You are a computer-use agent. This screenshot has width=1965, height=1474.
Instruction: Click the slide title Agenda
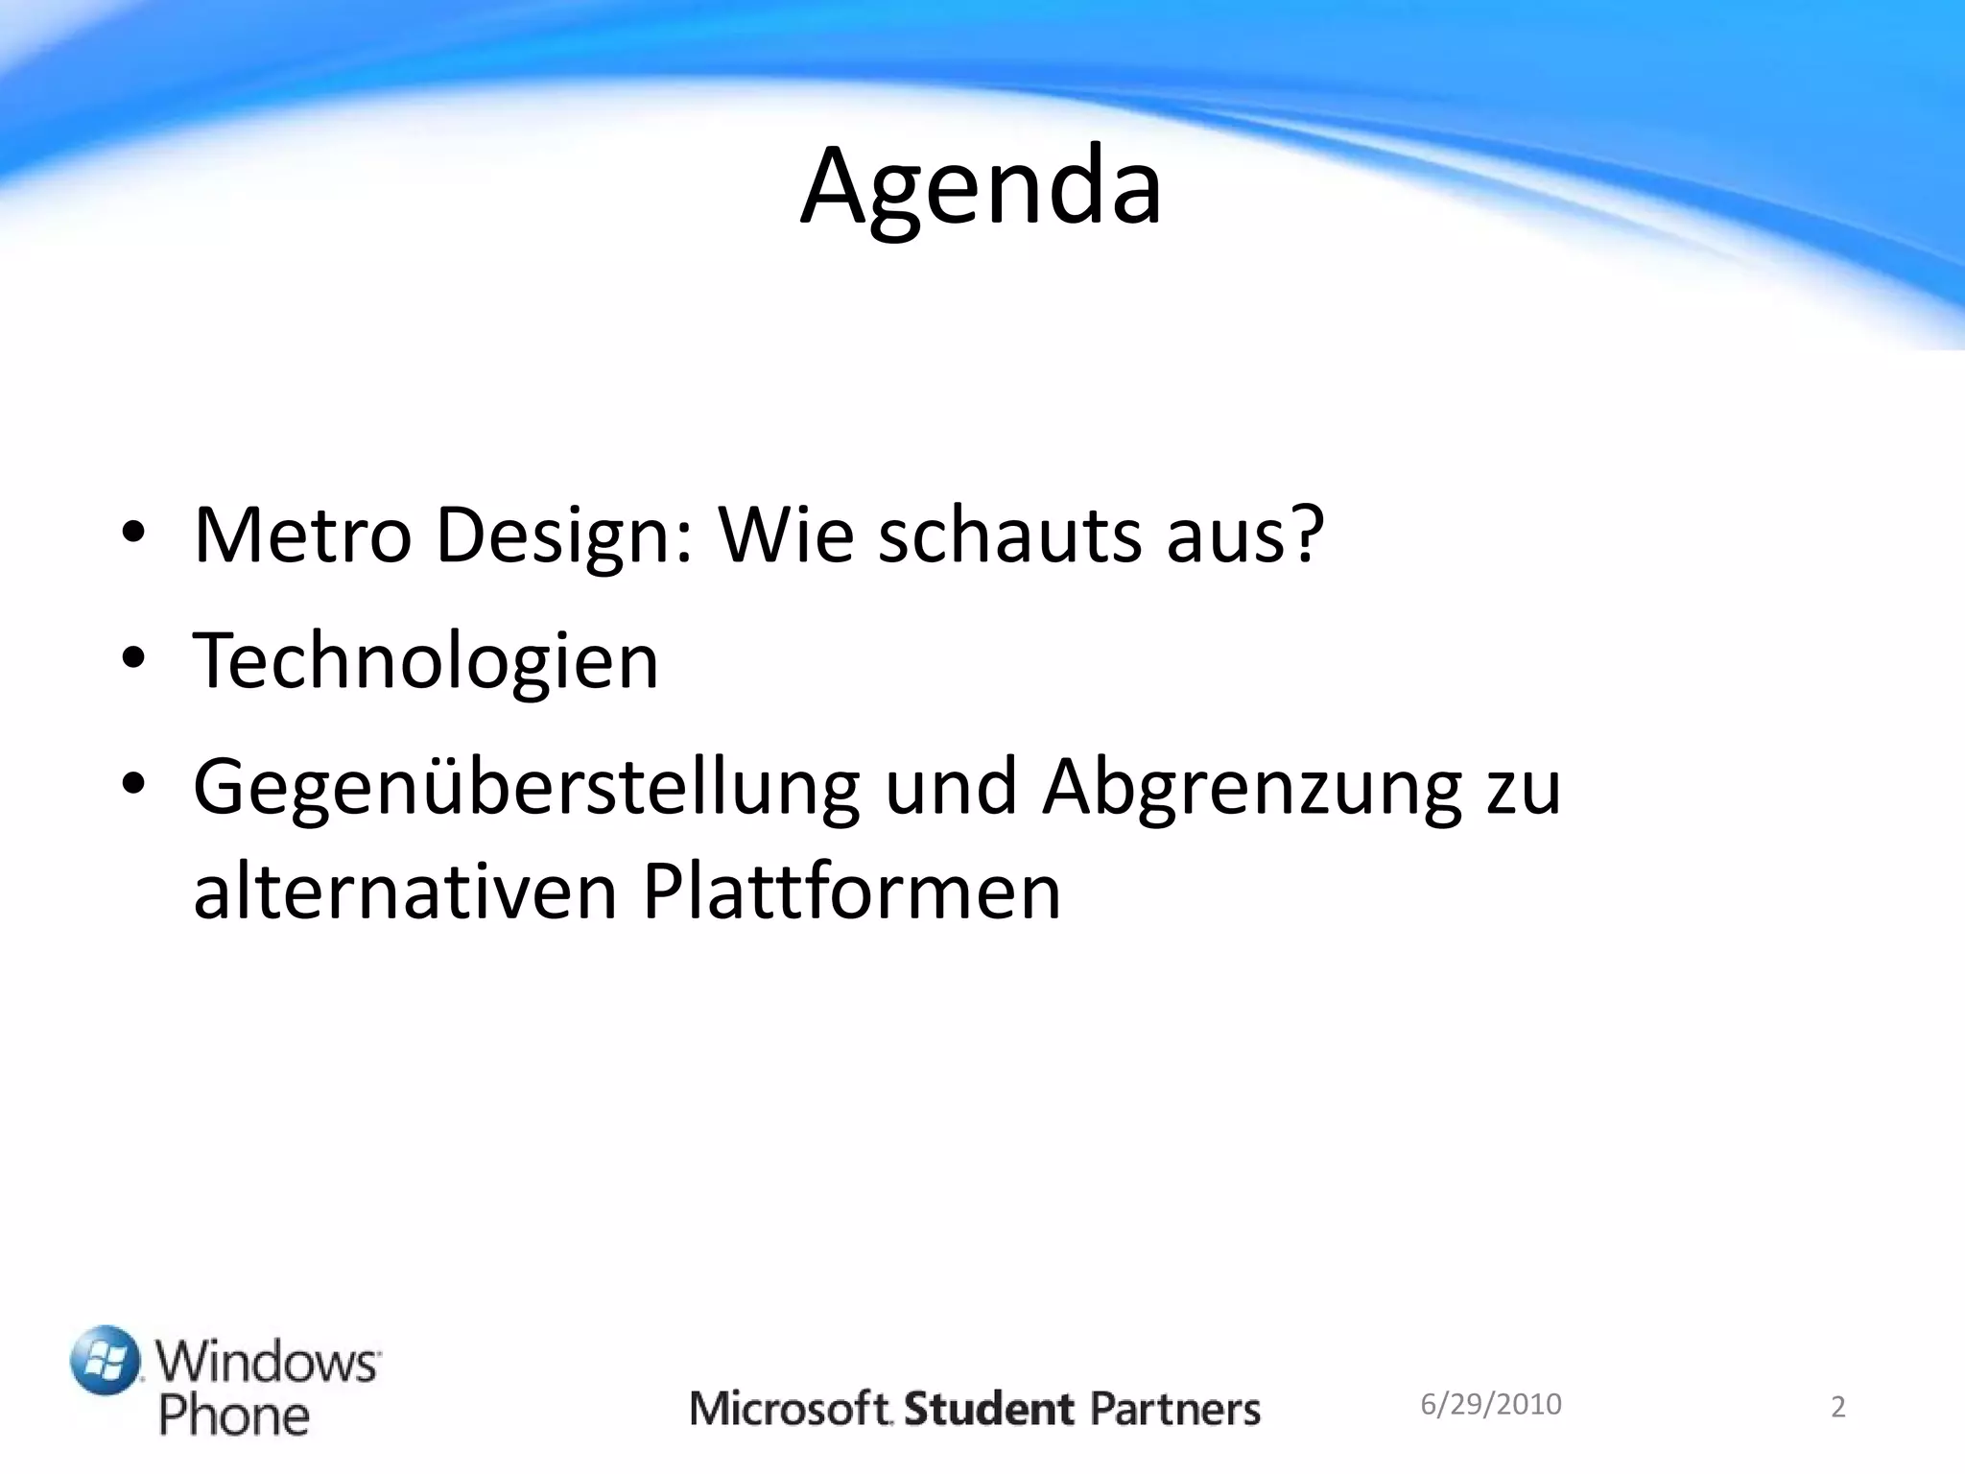pos(981,187)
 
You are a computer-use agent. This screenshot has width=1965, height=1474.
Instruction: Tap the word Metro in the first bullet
pos(302,535)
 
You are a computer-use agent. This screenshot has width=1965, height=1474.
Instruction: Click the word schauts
pos(1009,535)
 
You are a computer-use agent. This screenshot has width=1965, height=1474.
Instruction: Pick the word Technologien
pos(426,662)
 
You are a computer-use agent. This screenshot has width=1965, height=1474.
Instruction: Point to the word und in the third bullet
pos(950,787)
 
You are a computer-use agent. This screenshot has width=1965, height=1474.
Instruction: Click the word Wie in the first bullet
pos(786,535)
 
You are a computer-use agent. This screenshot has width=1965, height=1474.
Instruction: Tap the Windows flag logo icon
pos(106,1360)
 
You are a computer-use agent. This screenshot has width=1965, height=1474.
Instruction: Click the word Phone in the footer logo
pos(234,1416)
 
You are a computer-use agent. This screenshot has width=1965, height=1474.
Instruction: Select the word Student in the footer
pos(989,1409)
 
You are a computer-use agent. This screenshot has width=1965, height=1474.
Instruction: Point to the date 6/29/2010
pos(1490,1404)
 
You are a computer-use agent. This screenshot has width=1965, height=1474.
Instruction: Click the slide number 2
pos(1837,1408)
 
